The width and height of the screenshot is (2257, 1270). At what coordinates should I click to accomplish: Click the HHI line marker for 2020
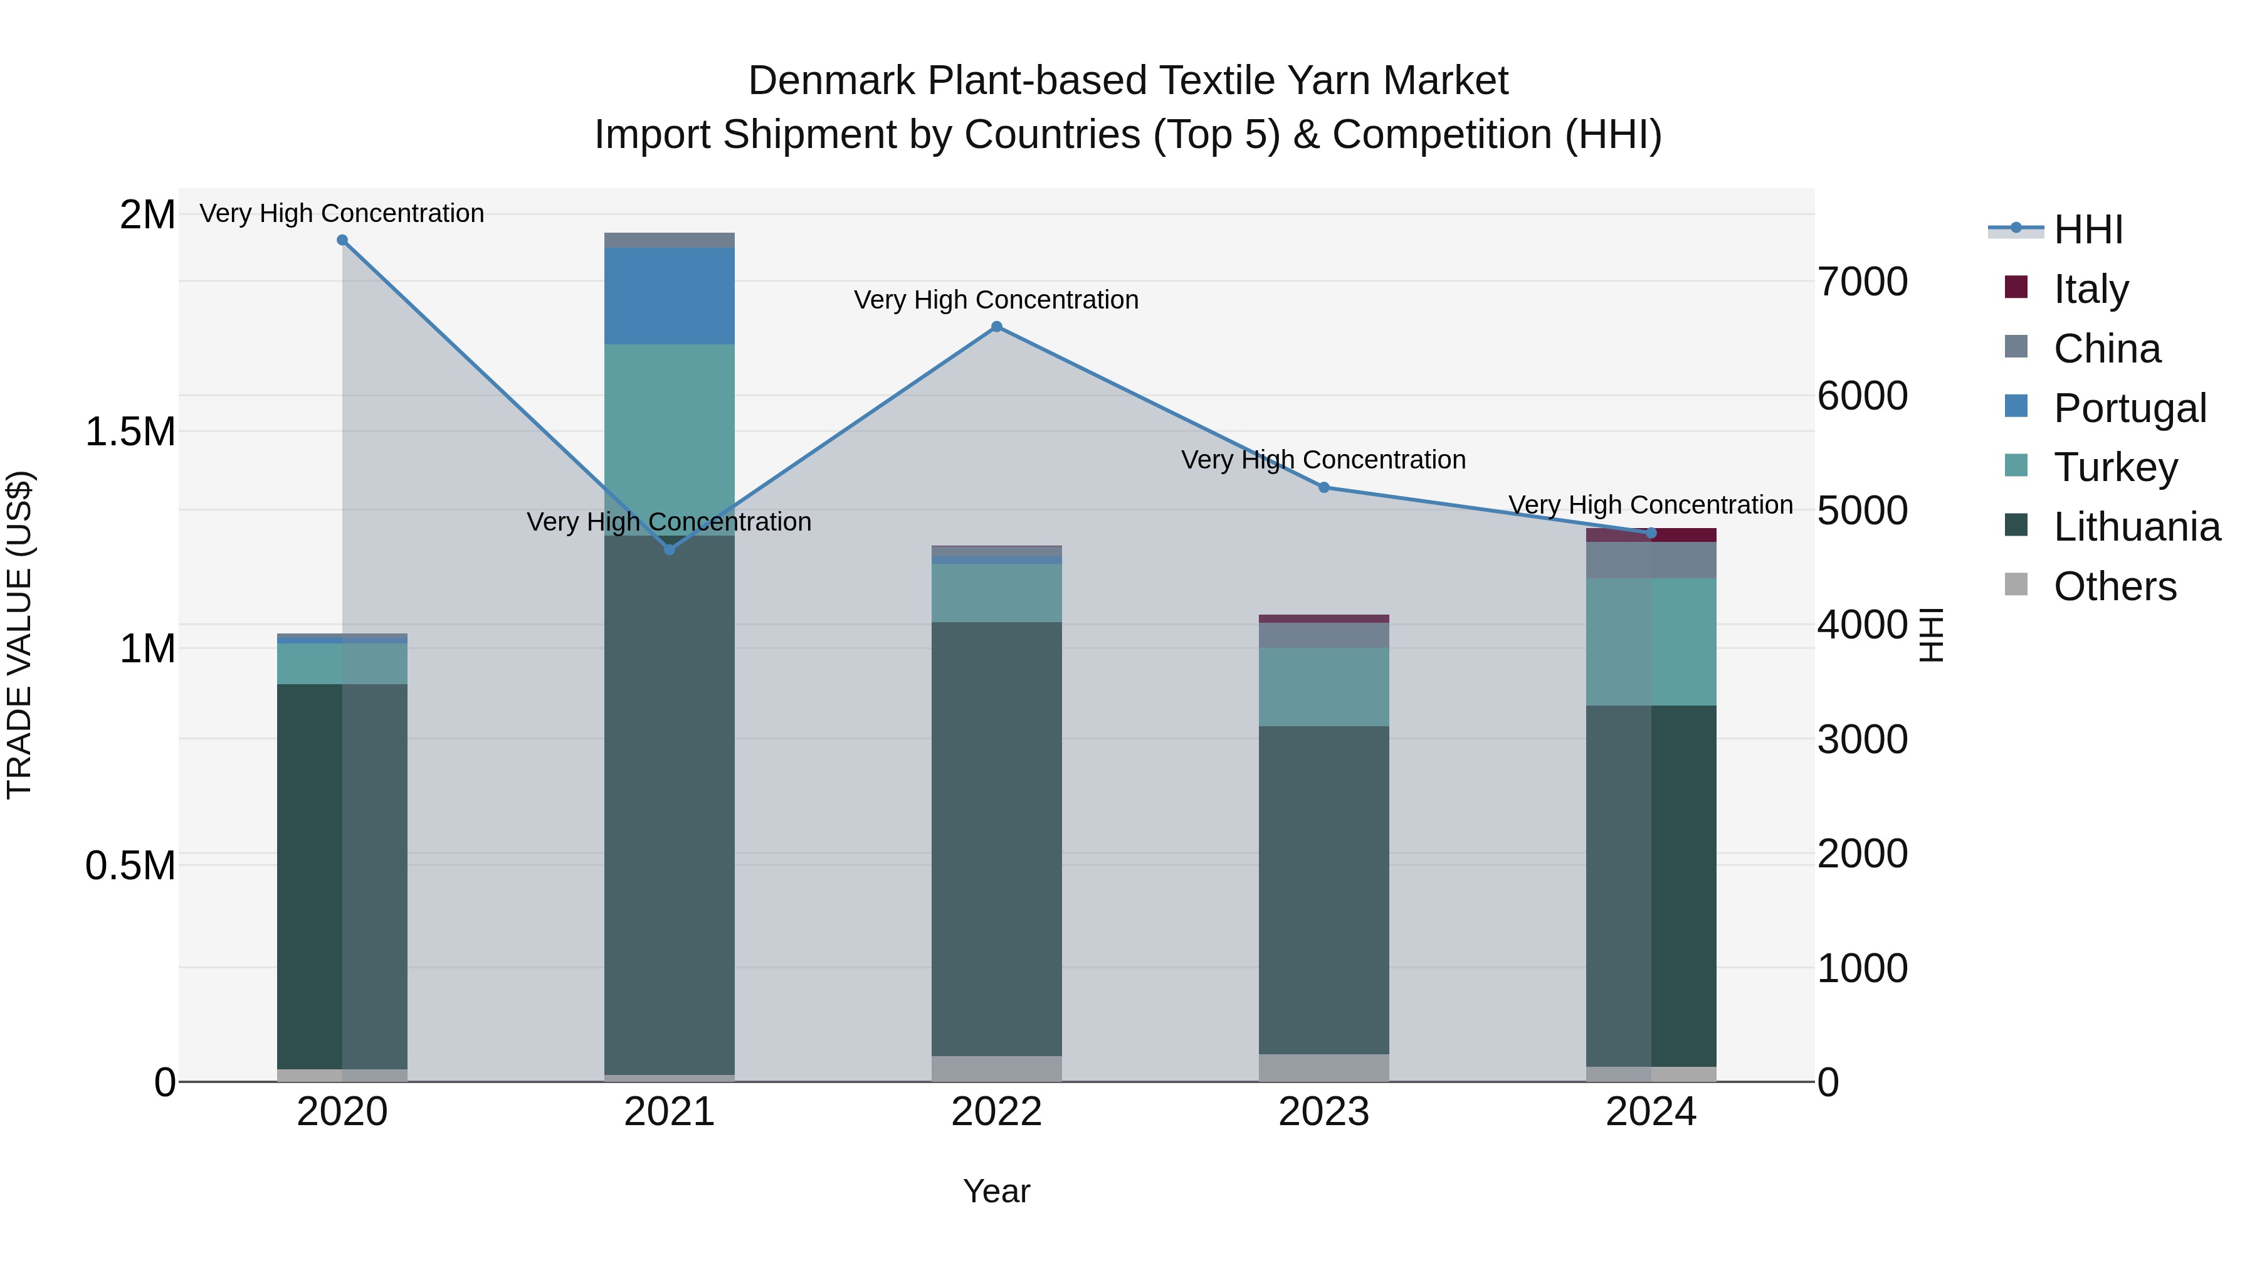click(x=342, y=240)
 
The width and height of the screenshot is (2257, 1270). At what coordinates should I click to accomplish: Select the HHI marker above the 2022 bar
click(x=996, y=327)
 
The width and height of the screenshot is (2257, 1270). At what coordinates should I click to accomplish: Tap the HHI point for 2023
click(x=1324, y=487)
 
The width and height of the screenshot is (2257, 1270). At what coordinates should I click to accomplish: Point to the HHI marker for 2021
click(x=670, y=549)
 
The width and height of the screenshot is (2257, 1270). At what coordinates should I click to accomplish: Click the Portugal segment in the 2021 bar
click(x=670, y=296)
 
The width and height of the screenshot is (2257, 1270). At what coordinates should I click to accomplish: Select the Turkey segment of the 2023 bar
click(x=1324, y=687)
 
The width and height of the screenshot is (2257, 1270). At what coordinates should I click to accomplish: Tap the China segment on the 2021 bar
click(x=670, y=240)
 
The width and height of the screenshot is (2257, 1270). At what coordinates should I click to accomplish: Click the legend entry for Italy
click(x=2090, y=289)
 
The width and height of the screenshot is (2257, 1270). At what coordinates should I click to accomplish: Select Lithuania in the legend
click(x=2136, y=527)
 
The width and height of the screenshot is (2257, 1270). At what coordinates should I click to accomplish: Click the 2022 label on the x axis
click(x=996, y=1112)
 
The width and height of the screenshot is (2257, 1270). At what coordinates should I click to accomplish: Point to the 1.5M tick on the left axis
click(x=130, y=432)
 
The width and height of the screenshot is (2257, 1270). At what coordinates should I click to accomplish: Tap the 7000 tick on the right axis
click(x=1862, y=282)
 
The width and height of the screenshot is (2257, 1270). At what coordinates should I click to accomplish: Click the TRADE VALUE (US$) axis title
click(x=19, y=635)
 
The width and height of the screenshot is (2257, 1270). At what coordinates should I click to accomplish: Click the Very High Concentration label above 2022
click(x=996, y=300)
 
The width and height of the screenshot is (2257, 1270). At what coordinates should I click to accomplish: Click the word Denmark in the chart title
click(x=833, y=81)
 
